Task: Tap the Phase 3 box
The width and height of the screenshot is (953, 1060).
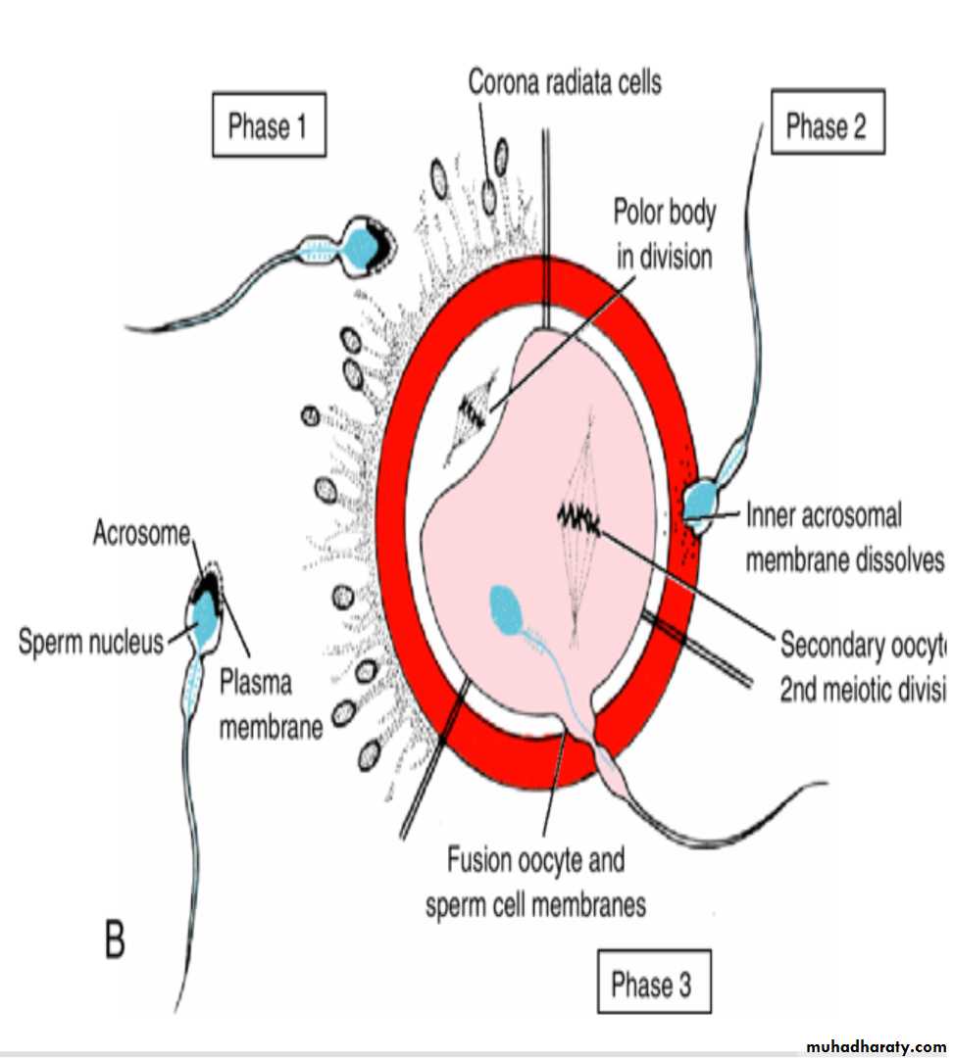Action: [655, 983]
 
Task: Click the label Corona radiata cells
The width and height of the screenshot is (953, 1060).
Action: [564, 82]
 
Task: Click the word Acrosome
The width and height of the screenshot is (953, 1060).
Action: [143, 534]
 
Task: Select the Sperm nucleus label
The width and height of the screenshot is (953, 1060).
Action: [91, 643]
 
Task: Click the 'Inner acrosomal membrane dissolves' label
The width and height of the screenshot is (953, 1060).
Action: [842, 537]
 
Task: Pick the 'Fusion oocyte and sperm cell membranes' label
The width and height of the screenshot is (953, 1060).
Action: [535, 883]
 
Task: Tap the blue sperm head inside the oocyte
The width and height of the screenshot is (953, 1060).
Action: [507, 609]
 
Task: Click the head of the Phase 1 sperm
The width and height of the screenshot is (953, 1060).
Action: [371, 246]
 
